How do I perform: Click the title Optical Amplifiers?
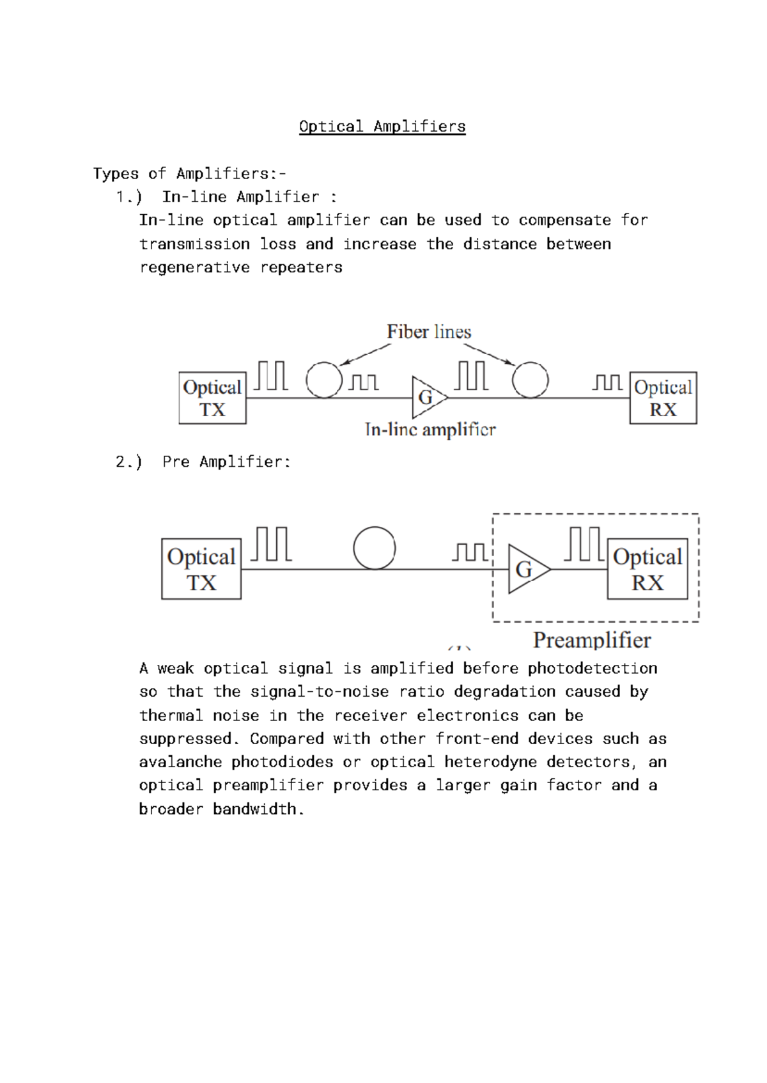[382, 127]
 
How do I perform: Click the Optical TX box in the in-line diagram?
[212, 398]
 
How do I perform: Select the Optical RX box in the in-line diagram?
[663, 398]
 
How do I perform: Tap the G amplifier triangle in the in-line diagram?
[427, 397]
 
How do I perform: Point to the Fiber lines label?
[429, 332]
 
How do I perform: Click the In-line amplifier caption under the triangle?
[430, 430]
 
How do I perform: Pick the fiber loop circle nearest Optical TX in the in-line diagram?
[324, 380]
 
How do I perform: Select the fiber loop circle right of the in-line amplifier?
[531, 380]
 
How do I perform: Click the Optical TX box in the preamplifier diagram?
[201, 569]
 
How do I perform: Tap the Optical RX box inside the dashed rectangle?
[647, 569]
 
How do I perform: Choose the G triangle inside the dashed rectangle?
[527, 569]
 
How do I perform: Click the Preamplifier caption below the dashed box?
[592, 640]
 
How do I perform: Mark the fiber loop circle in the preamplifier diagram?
[375, 548]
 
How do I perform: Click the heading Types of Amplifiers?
[189, 174]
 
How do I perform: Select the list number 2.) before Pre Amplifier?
[128, 462]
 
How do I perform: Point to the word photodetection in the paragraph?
[593, 669]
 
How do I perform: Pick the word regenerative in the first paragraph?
[194, 267]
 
